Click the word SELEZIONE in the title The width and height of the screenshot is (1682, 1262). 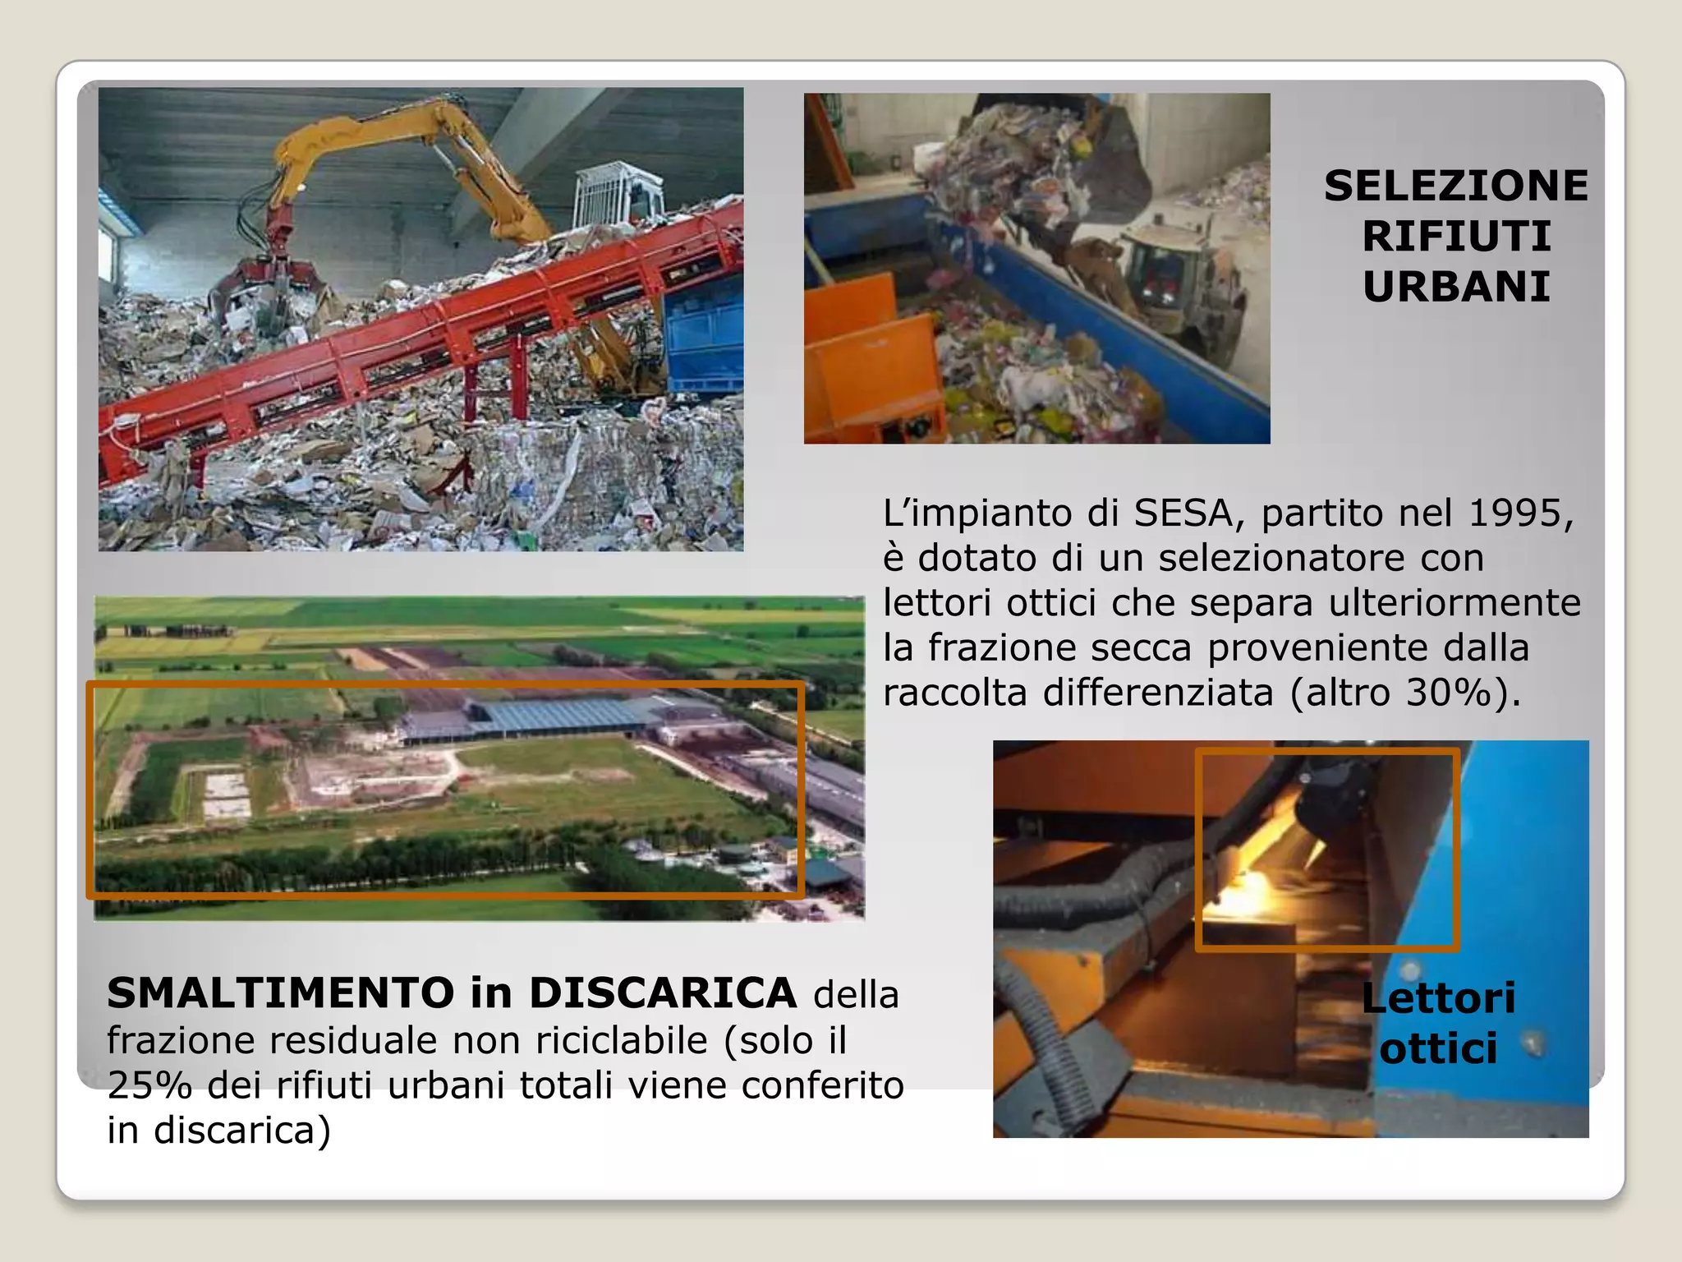(x=1455, y=186)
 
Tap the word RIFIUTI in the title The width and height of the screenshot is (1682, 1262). (x=1456, y=237)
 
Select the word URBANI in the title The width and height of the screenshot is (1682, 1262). (x=1456, y=287)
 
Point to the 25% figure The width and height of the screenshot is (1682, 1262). (x=149, y=1085)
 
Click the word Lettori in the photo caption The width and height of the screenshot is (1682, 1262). (x=1438, y=998)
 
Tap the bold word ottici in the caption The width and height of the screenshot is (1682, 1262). (x=1438, y=1048)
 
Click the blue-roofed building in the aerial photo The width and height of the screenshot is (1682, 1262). (x=558, y=715)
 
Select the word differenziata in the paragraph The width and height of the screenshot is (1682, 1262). (x=1158, y=693)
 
